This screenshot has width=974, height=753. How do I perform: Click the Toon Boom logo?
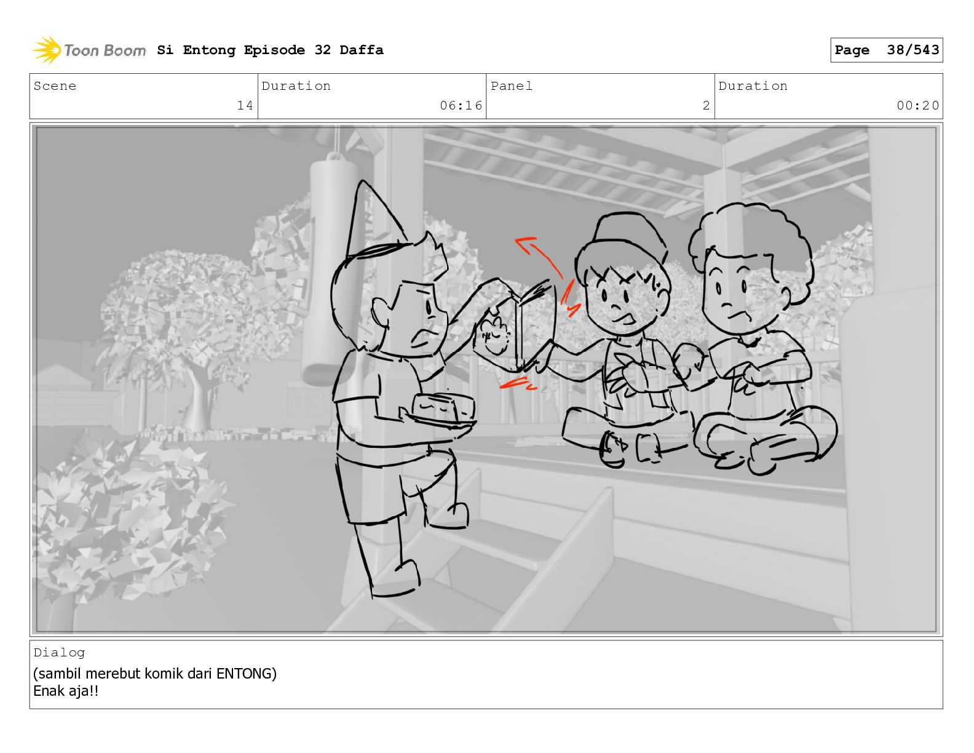point(89,50)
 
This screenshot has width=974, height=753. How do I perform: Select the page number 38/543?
point(913,50)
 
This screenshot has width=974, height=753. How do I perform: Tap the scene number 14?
point(245,105)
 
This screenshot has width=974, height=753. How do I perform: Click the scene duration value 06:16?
point(461,105)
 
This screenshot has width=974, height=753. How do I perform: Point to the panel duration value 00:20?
point(917,105)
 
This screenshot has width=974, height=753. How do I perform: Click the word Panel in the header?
point(512,86)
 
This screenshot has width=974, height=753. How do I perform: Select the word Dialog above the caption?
point(59,653)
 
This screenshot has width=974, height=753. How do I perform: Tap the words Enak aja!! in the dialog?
point(66,691)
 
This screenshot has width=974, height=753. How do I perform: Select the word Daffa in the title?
point(362,50)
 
